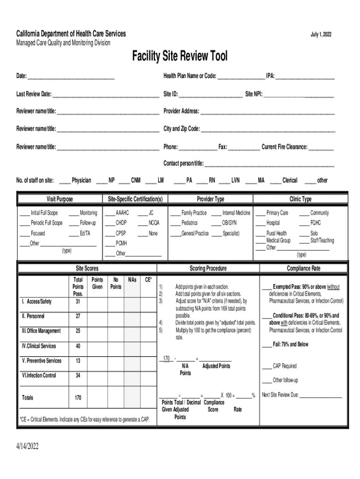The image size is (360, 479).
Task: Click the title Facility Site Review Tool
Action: coord(180,57)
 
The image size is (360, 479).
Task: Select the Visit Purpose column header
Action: coord(59,199)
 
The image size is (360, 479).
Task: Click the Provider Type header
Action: coord(210,199)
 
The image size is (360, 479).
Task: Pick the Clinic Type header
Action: coord(300,199)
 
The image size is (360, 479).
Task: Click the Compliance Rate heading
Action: coord(303,269)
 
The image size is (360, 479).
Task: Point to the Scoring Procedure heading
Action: coord(208,269)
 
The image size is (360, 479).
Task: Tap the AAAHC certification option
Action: coord(122,213)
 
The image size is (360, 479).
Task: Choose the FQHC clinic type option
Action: coord(316,223)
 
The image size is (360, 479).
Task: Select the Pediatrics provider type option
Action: coord(189,223)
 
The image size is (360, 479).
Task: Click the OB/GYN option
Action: coord(229,223)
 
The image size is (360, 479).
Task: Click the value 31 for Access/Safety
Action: coord(78,301)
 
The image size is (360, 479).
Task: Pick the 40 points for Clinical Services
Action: coord(78,346)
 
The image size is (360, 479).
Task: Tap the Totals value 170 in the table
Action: coord(78,398)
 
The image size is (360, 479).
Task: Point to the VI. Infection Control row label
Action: coord(39,375)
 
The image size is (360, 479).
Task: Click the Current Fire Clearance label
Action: coord(284,147)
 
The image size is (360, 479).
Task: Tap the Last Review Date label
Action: coord(34,94)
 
